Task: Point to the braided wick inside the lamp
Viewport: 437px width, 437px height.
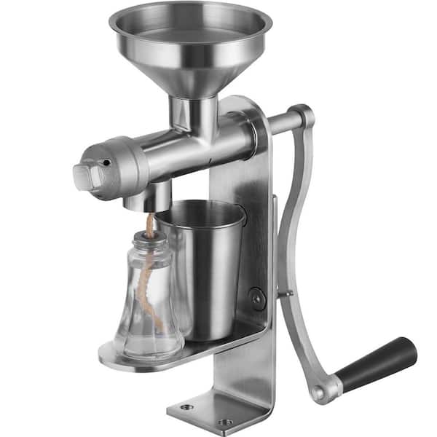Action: (148, 269)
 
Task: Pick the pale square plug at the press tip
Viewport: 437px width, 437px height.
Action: (83, 176)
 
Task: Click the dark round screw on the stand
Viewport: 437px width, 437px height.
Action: (256, 298)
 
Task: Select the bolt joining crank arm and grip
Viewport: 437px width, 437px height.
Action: (318, 393)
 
